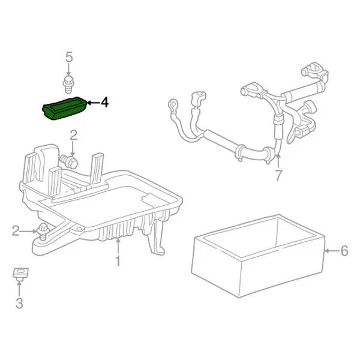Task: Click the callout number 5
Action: pos(68,58)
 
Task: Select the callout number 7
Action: pos(278,176)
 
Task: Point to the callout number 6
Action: pos(344,251)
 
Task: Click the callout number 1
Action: pos(118,260)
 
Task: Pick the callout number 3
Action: pos(19,304)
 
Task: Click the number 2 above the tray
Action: pos(73,135)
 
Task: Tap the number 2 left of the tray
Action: pos(16,230)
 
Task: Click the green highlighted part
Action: pos(65,110)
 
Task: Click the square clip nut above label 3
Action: pos(19,275)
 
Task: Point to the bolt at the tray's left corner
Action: pos(43,230)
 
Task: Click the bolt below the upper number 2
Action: pos(69,160)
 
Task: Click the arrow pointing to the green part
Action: pos(92,103)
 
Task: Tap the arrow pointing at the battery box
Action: pos(329,251)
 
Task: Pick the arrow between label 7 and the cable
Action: pos(278,161)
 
